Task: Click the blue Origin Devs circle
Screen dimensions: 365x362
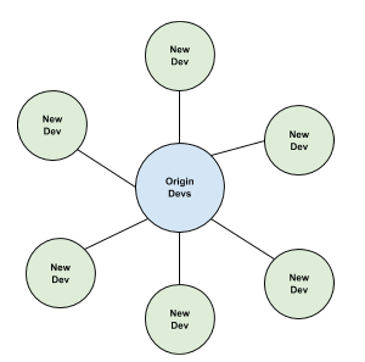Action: click(x=180, y=188)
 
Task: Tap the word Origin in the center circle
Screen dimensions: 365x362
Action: click(x=179, y=182)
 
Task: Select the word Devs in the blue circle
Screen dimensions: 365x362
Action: click(x=180, y=194)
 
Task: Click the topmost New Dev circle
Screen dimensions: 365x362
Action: click(x=180, y=55)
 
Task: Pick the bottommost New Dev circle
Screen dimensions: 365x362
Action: click(x=180, y=319)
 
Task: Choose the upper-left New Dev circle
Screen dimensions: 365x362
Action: click(x=52, y=126)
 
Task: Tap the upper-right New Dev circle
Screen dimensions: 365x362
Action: click(x=300, y=140)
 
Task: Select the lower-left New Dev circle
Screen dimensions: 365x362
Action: click(x=60, y=273)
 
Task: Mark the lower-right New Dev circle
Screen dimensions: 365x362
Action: click(x=300, y=284)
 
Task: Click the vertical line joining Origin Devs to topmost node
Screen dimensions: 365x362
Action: click(x=179, y=117)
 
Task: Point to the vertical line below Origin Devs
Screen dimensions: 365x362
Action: click(x=179, y=259)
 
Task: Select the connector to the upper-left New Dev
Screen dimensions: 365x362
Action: click(x=106, y=168)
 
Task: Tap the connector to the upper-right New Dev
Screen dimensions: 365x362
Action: click(x=238, y=148)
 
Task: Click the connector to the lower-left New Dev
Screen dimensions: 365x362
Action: click(x=116, y=234)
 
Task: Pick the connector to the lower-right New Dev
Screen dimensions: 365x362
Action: click(x=243, y=239)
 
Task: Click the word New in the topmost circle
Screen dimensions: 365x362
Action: click(x=180, y=49)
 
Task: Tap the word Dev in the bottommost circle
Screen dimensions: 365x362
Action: click(x=180, y=325)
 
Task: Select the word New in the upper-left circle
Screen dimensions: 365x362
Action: click(x=52, y=119)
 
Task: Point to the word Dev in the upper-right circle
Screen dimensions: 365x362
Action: click(x=299, y=146)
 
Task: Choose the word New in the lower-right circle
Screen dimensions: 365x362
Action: click(x=300, y=277)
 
